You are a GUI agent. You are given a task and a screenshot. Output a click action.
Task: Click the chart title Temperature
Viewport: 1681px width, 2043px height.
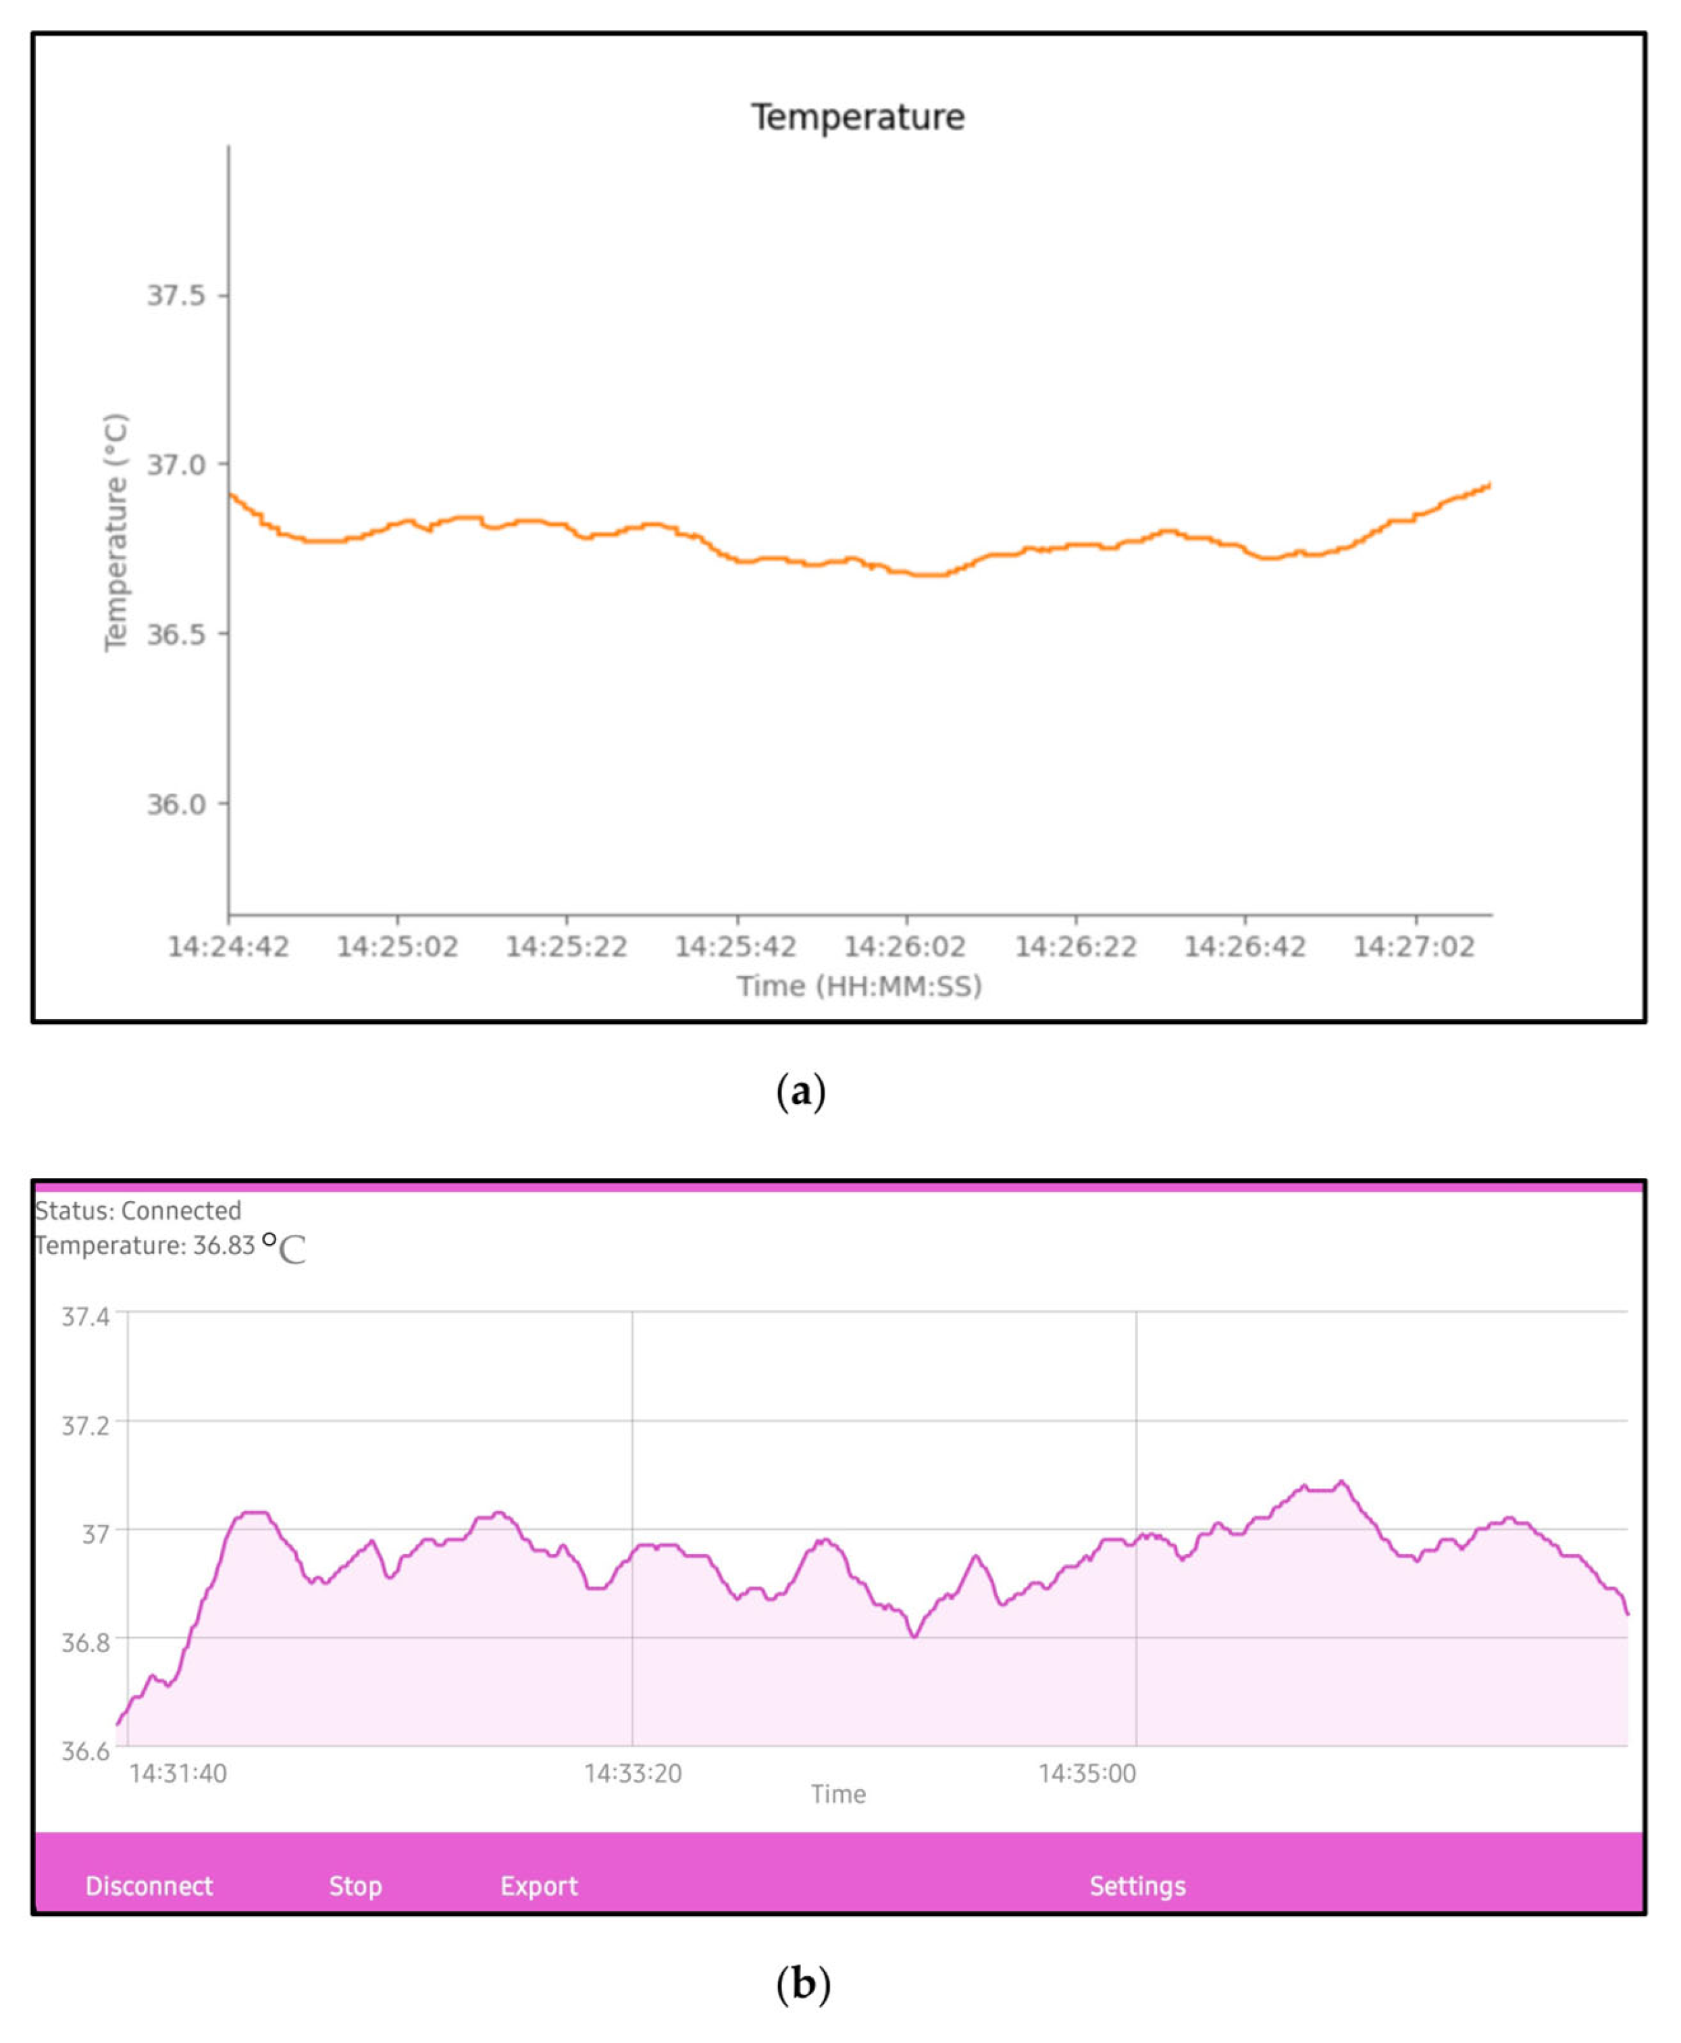(858, 117)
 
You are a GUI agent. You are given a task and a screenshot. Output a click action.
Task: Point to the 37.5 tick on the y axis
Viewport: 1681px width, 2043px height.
(176, 295)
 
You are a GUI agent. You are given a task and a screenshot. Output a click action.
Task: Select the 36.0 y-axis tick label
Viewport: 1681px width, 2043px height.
(176, 804)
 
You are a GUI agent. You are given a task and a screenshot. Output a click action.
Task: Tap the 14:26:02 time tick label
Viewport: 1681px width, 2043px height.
(906, 946)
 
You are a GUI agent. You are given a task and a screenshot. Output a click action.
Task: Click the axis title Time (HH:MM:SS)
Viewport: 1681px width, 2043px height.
(859, 985)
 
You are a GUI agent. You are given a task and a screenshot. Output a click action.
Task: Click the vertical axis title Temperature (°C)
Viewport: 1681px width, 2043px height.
(116, 533)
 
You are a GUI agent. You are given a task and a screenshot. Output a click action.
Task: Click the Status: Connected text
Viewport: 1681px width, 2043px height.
(138, 1210)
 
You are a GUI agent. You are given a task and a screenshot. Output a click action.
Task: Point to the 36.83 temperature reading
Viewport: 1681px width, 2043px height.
(224, 1245)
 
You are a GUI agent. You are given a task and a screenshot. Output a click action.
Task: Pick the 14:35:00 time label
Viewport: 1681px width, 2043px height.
(1087, 1773)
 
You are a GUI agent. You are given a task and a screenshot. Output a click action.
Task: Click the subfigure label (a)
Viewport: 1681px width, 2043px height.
(802, 1091)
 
